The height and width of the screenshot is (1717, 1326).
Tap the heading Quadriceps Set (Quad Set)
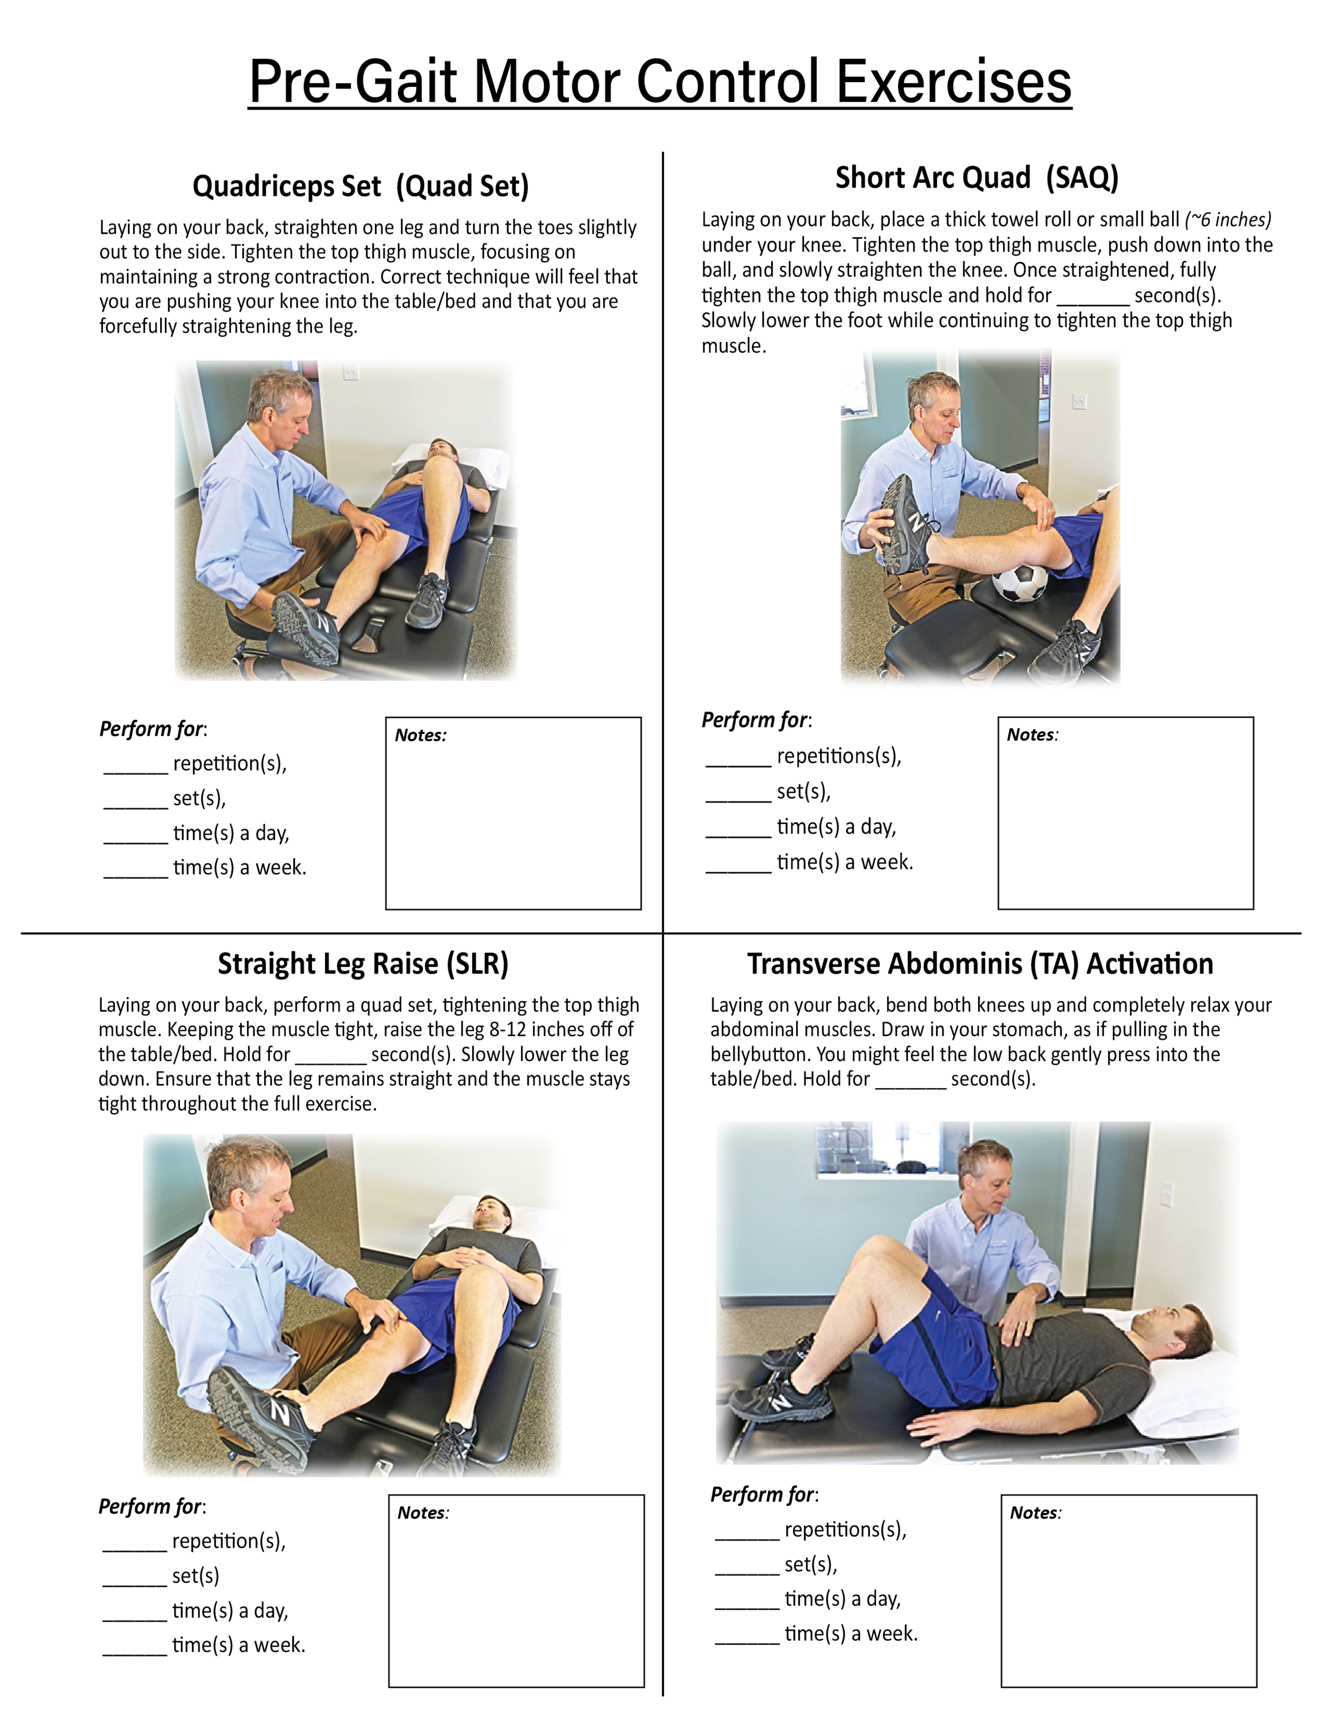coord(360,186)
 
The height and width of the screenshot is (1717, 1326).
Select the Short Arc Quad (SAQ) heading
coord(976,178)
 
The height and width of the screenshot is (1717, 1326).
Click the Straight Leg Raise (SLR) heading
coord(363,964)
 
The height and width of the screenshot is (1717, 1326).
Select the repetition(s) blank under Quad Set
coord(135,767)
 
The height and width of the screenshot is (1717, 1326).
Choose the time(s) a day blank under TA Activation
coord(747,1602)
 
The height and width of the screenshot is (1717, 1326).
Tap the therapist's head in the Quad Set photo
coord(282,405)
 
